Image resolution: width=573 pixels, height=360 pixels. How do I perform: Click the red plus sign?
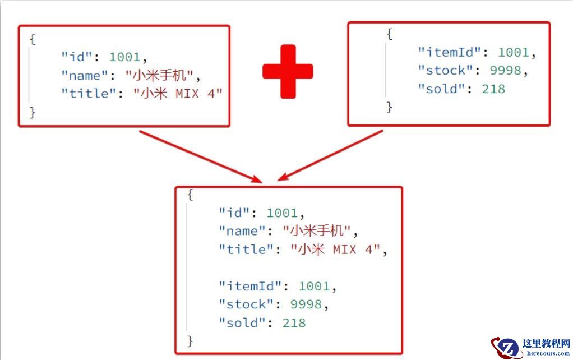(288, 72)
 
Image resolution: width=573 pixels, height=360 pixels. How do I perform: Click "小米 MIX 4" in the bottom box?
(335, 250)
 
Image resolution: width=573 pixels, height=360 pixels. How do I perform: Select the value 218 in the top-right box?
(493, 89)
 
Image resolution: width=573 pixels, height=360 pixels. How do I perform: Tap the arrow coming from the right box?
(331, 155)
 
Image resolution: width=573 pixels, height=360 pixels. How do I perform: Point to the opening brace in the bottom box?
(190, 195)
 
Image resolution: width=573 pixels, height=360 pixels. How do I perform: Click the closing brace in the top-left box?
(33, 112)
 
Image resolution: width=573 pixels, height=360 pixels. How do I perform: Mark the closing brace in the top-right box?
(389, 107)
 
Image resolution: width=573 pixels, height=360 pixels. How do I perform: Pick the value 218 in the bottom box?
(294, 323)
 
